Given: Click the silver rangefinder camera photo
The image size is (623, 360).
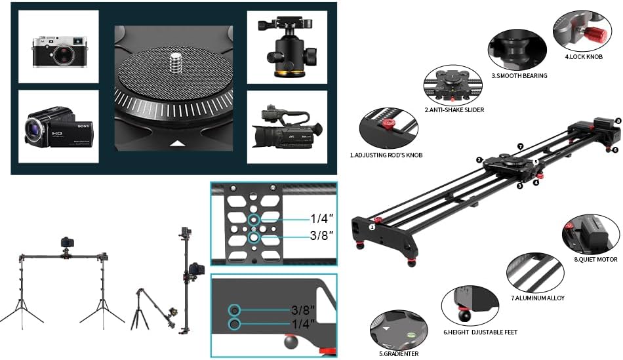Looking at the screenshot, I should [x=58, y=50].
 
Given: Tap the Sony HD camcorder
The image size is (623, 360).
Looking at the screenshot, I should [x=59, y=127].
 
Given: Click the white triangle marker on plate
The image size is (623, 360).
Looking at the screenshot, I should [x=175, y=142].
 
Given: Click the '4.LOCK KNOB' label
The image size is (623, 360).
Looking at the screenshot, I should [x=583, y=57].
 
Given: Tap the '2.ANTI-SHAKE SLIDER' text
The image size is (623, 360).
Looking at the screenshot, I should [x=454, y=110].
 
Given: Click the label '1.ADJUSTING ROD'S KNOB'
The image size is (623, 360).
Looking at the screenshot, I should [x=386, y=155].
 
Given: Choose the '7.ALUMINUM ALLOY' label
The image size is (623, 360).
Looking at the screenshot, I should [x=537, y=298].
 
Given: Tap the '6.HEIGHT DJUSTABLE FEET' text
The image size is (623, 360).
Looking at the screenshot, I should [x=480, y=332].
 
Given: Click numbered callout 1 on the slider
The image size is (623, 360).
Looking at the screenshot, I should [x=371, y=227].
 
